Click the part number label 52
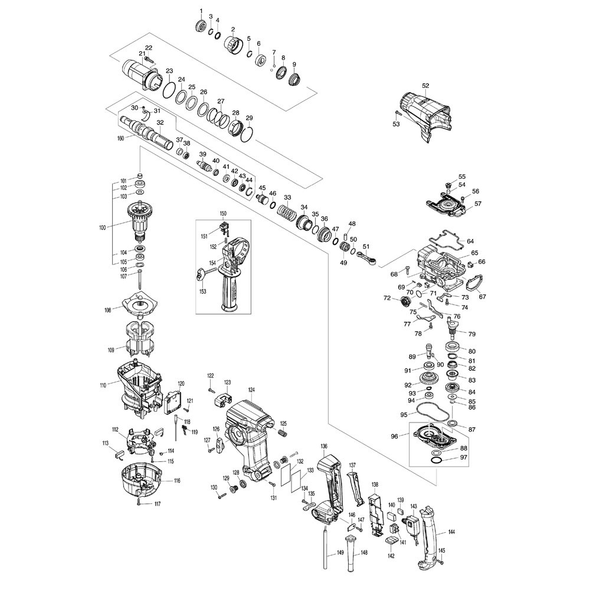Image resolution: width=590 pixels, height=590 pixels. [425, 86]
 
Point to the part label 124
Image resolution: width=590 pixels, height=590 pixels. [251, 390]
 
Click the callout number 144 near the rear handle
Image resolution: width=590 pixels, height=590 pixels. [451, 532]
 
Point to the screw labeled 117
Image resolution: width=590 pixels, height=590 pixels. [138, 503]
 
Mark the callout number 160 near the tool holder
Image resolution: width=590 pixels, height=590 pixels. [121, 139]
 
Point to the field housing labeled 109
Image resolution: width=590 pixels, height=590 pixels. [139, 340]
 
